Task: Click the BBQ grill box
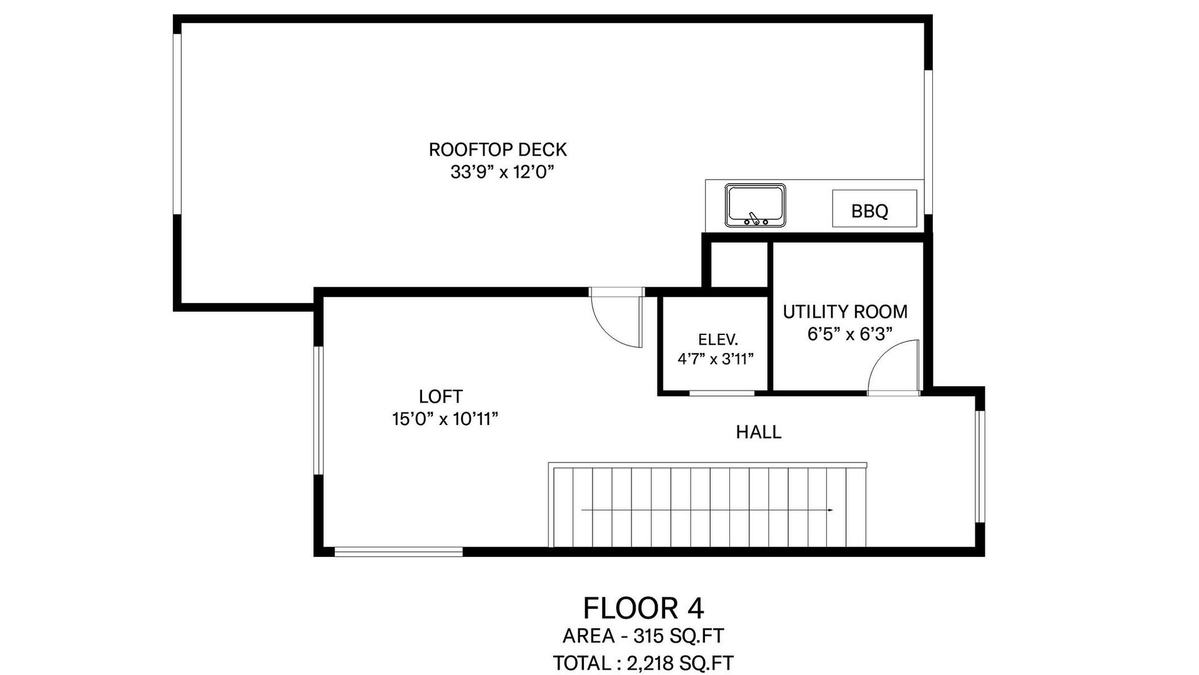pyautogui.click(x=874, y=209)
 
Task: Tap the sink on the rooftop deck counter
pyautogui.click(x=755, y=206)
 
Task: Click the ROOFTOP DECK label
pyautogui.click(x=498, y=150)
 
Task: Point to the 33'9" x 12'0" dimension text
pyautogui.click(x=503, y=172)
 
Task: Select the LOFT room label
pyautogui.click(x=441, y=397)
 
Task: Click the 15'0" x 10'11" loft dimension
pyautogui.click(x=445, y=419)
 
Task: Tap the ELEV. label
pyautogui.click(x=718, y=340)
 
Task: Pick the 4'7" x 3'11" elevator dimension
pyautogui.click(x=716, y=359)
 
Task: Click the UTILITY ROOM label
pyautogui.click(x=845, y=312)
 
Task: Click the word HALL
pyautogui.click(x=759, y=432)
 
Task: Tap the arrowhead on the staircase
pyautogui.click(x=831, y=511)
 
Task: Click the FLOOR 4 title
pyautogui.click(x=643, y=608)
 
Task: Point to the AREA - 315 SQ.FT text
pyautogui.click(x=643, y=636)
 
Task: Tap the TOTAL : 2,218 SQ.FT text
pyautogui.click(x=643, y=662)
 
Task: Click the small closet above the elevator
pyautogui.click(x=739, y=265)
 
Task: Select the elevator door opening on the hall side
pyautogui.click(x=722, y=393)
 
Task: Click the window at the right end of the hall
pyautogui.click(x=980, y=466)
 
